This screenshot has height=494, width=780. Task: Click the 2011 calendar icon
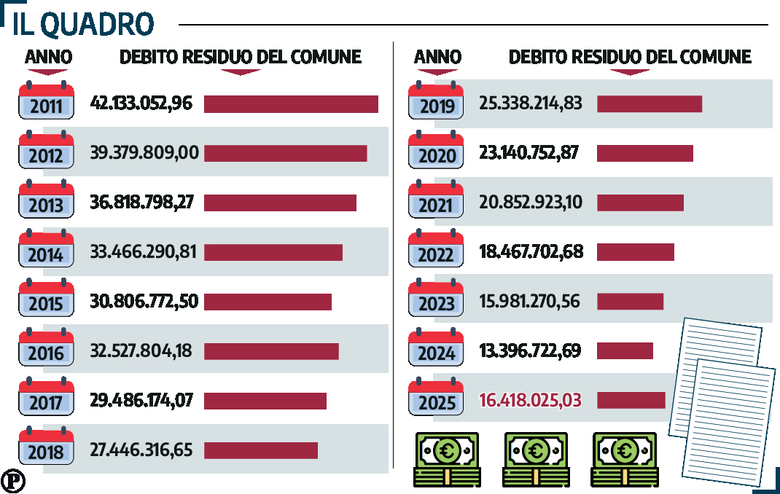pyautogui.click(x=46, y=103)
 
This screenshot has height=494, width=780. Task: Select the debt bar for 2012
pyautogui.click(x=285, y=153)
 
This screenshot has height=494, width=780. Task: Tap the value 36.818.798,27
pyautogui.click(x=141, y=202)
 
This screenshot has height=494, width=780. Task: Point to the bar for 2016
pyautogui.click(x=271, y=351)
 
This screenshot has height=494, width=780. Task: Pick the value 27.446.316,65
pyautogui.click(x=141, y=450)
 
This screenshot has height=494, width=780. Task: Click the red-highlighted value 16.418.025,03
pyautogui.click(x=530, y=400)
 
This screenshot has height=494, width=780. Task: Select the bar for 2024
pyautogui.click(x=625, y=351)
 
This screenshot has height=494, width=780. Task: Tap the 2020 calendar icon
pyautogui.click(x=436, y=152)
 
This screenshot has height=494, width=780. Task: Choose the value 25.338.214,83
pyautogui.click(x=531, y=103)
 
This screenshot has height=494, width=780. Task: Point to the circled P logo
pyautogui.click(x=12, y=481)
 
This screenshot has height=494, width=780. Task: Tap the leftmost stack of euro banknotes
pyautogui.click(x=447, y=460)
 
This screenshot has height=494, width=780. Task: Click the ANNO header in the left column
pyautogui.click(x=48, y=57)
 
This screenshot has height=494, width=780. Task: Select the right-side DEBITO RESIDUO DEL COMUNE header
pyautogui.click(x=630, y=57)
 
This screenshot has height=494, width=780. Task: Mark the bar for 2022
pyautogui.click(x=635, y=252)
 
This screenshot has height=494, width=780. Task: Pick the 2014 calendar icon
pyautogui.click(x=46, y=251)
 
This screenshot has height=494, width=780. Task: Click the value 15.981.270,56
pyautogui.click(x=529, y=301)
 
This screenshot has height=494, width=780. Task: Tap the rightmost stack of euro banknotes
pyautogui.click(x=625, y=460)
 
